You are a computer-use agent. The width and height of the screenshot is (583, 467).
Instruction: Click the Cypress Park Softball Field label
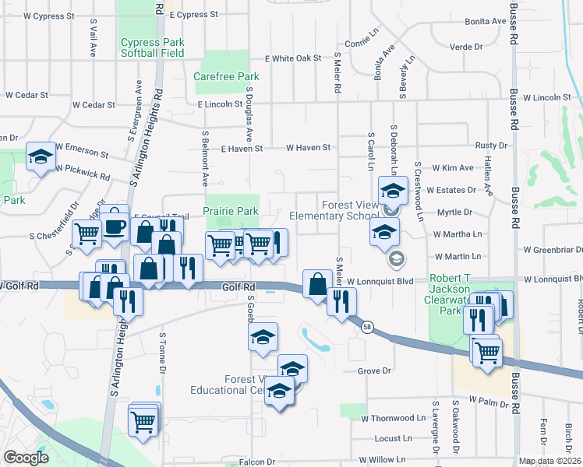152,47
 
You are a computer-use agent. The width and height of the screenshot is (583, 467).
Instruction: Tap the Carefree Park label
226,77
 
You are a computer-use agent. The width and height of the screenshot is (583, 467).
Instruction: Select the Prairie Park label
230,211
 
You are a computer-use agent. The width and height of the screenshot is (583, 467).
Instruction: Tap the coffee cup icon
115,226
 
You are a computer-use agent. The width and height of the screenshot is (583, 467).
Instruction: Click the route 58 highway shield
367,328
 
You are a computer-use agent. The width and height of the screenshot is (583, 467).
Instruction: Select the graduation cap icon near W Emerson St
41,157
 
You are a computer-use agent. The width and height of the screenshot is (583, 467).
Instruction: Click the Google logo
25,458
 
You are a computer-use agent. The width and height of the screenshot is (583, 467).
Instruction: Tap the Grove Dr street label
373,371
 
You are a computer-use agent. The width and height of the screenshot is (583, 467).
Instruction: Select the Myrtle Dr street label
454,212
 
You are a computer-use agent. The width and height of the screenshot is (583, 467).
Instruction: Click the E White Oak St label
293,58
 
